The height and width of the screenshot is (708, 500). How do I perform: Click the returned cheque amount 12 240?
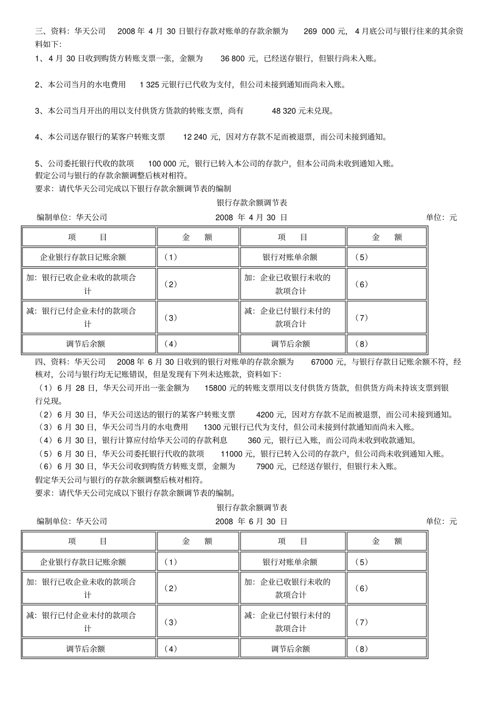[195, 137]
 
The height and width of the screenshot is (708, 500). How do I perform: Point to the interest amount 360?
[254, 441]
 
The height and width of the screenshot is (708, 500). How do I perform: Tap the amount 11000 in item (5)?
[231, 454]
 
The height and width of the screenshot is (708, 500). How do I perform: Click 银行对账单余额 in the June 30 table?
[290, 562]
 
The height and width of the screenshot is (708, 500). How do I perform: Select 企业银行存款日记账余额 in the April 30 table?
[83, 257]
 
